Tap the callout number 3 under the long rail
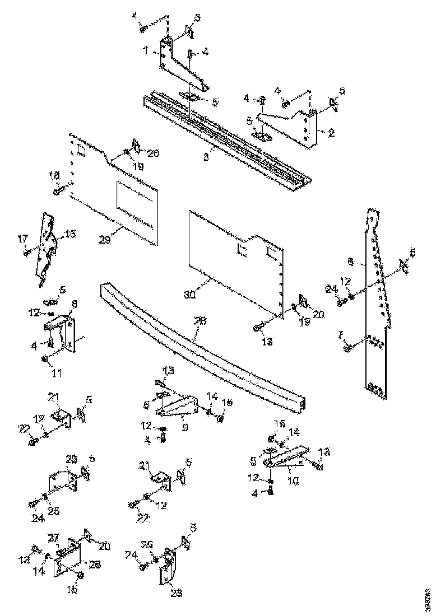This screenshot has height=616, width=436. pos(206,158)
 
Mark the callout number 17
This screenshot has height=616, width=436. pos(22,239)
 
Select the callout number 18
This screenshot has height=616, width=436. pos(54,176)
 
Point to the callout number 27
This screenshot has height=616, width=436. pos(53,537)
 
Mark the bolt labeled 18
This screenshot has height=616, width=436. pos(58,192)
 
